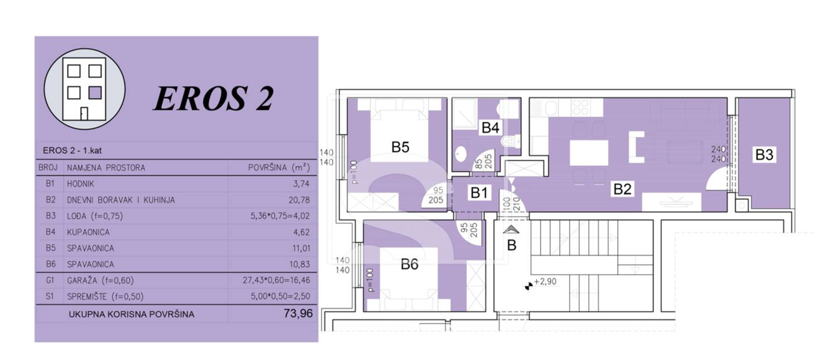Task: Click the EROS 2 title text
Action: pyautogui.click(x=213, y=98)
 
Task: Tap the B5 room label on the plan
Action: pyautogui.click(x=400, y=147)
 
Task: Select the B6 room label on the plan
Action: pyautogui.click(x=410, y=265)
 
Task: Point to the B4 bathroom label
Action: pyautogui.click(x=490, y=128)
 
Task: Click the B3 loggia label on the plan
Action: pyautogui.click(x=764, y=155)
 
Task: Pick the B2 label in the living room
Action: pyautogui.click(x=622, y=189)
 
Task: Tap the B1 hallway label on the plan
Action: pyautogui.click(x=479, y=193)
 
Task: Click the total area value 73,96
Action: pyautogui.click(x=298, y=313)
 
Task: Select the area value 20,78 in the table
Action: pyautogui.click(x=299, y=200)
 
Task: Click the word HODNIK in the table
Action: pyautogui.click(x=81, y=184)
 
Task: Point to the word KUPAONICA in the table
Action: pyautogui.click(x=88, y=232)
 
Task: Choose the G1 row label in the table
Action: pyautogui.click(x=50, y=280)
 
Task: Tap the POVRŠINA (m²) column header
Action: pyautogui.click(x=279, y=167)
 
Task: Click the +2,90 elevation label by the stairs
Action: pyautogui.click(x=545, y=281)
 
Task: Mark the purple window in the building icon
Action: pyautogui.click(x=95, y=92)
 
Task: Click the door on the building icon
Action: pyautogui.click(x=84, y=114)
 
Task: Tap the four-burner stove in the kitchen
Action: pyautogui.click(x=581, y=107)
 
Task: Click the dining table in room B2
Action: pyautogui.click(x=589, y=153)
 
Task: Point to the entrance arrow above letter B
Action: pyautogui.click(x=511, y=229)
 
